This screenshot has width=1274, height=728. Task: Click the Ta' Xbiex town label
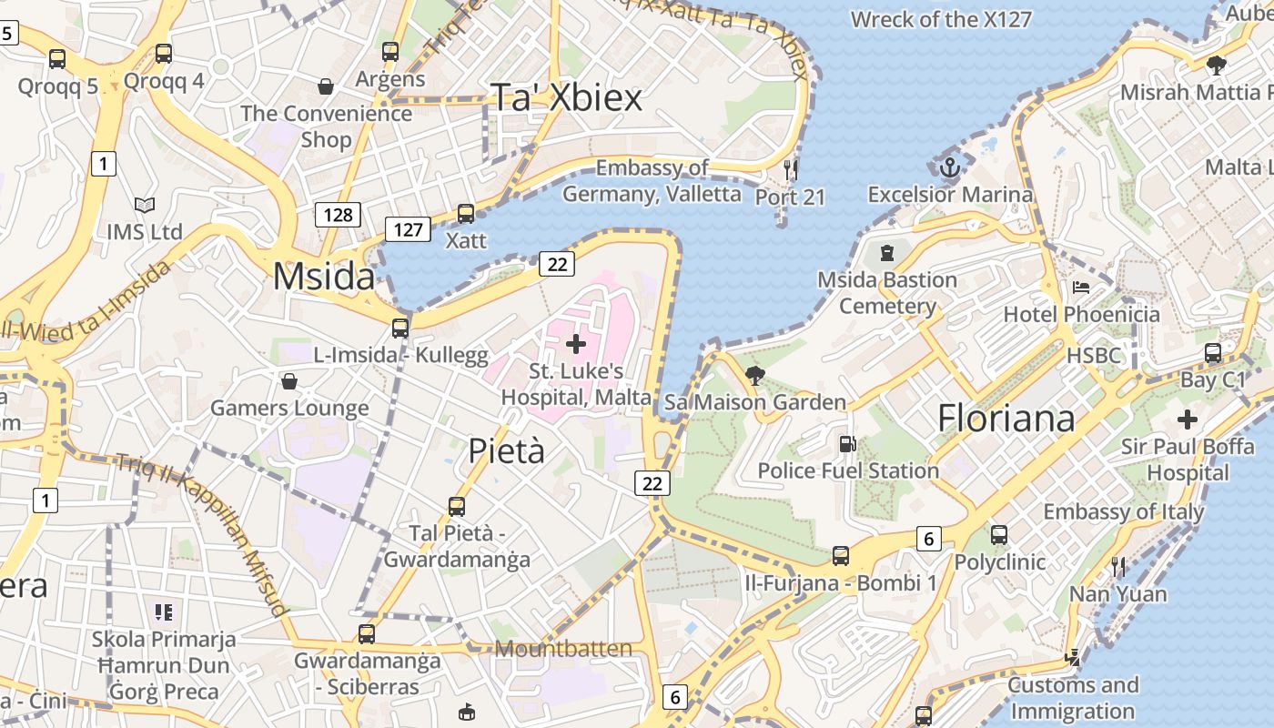point(566,97)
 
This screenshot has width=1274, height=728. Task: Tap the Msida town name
point(324,277)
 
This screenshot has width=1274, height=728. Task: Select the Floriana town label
point(1006,418)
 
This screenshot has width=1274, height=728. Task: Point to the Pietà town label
point(506,450)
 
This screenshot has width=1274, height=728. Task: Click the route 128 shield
point(338,215)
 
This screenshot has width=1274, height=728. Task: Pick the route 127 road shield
point(407,228)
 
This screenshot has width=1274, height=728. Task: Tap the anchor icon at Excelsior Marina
point(950,167)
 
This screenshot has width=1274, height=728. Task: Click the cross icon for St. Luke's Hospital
point(575,344)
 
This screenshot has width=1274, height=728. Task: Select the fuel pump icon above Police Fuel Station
point(847,444)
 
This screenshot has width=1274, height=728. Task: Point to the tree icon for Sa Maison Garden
point(754,375)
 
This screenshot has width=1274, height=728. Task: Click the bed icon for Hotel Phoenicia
point(1081,288)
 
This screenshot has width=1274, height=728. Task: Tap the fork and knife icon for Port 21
point(790,169)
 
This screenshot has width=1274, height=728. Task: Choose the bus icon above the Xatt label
point(466,214)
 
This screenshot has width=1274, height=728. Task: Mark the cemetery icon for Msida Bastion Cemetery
point(887,252)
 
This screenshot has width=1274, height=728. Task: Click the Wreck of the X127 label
point(941,19)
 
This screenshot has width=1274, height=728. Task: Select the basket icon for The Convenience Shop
point(326,86)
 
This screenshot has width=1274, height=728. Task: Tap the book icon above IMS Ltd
point(144,206)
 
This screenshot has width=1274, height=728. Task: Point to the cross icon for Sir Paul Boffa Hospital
point(1187,420)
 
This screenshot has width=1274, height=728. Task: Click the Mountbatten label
point(564,649)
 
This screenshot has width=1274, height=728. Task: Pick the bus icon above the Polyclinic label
point(999,535)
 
